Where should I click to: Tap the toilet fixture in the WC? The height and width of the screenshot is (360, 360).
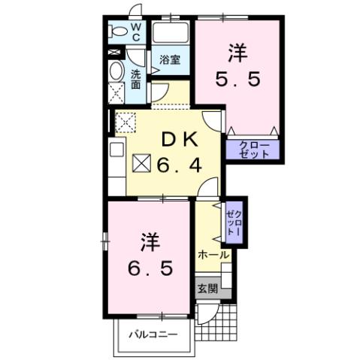click(117, 31)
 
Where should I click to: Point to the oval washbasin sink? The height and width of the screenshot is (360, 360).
click(116, 71)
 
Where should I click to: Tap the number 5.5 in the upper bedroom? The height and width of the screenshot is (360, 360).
click(240, 79)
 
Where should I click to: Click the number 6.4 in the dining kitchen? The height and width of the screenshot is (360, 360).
click(180, 164)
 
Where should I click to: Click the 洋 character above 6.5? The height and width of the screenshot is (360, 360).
click(148, 242)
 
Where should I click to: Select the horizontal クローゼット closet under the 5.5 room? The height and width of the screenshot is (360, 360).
click(253, 150)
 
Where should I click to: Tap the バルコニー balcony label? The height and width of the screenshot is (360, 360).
click(152, 333)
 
